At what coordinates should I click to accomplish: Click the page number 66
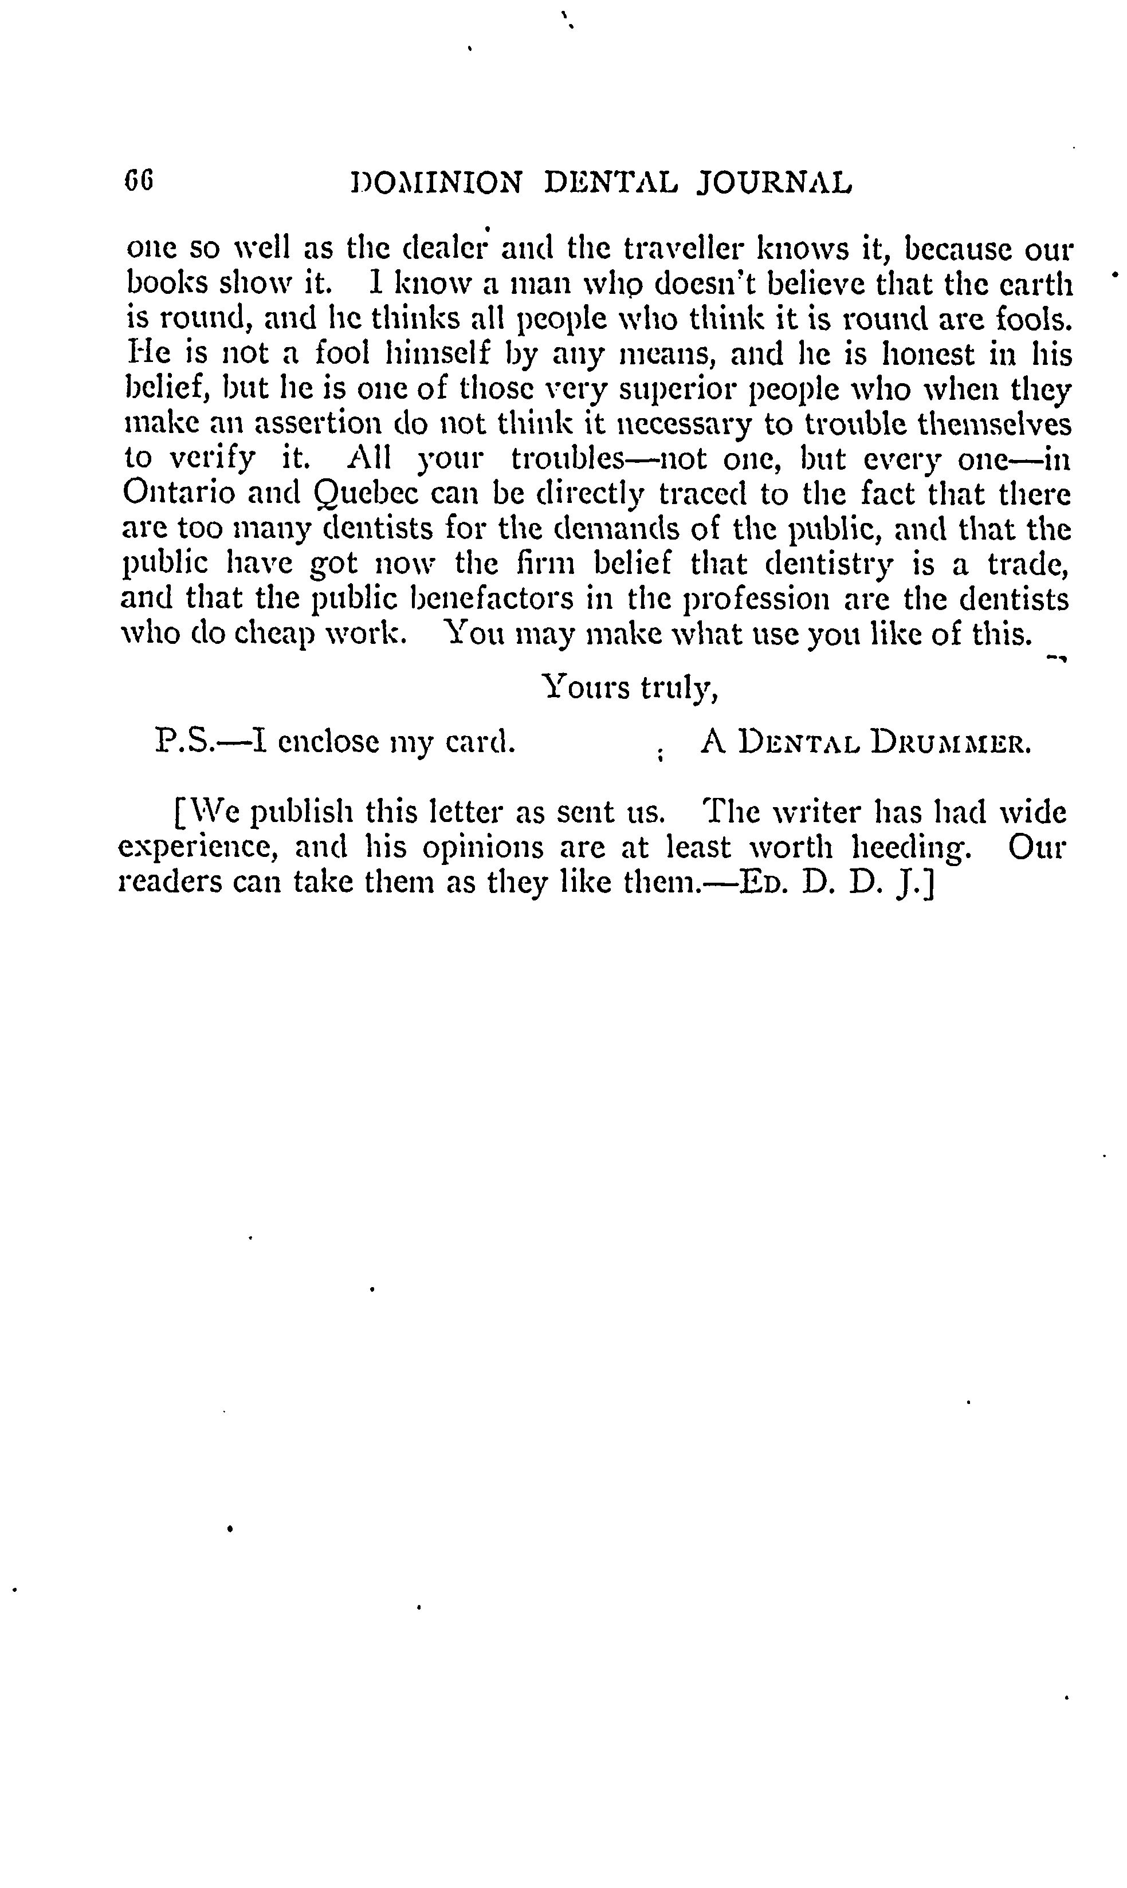[x=140, y=182]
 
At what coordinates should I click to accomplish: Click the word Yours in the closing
[x=586, y=688]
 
